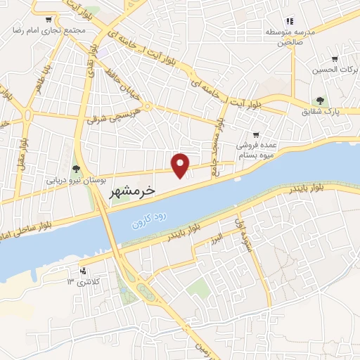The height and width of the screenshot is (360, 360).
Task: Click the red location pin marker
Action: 181,164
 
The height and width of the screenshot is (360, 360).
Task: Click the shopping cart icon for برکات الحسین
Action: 335,59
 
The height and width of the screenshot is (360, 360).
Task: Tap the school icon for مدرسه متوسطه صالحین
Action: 288,21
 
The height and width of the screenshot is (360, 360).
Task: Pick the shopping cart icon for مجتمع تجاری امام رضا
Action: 47,20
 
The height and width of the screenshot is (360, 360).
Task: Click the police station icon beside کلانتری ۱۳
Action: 84,270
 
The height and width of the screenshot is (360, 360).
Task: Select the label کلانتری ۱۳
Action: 80,282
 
